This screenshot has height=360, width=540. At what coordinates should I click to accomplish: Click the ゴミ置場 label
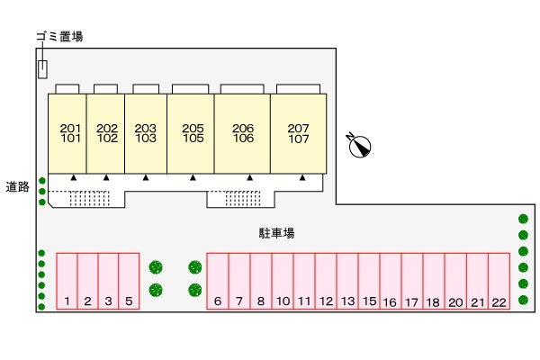tap(59, 36)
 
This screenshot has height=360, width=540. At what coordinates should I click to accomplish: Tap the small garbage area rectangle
tap(42, 69)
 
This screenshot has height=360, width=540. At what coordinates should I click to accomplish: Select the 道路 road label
tap(18, 186)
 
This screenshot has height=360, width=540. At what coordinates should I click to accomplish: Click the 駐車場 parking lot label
tap(276, 233)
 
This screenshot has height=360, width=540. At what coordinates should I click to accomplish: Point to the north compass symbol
tap(359, 146)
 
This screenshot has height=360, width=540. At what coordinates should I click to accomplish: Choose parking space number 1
tap(67, 281)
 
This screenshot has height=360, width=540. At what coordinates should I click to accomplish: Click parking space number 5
tap(129, 281)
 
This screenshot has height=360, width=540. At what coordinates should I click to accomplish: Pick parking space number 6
tap(217, 281)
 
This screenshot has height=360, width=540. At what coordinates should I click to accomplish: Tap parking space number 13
tap(347, 281)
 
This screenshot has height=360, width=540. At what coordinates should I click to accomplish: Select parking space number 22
tap(499, 281)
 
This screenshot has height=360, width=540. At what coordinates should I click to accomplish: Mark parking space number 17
tap(412, 281)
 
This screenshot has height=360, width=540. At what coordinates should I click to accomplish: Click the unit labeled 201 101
tap(67, 134)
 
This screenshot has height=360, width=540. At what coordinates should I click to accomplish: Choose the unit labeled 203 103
tap(146, 134)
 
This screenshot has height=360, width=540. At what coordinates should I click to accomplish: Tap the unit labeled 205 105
tap(191, 134)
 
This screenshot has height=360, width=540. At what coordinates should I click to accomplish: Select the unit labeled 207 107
tap(299, 134)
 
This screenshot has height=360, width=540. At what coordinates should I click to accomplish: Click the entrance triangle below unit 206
tap(249, 178)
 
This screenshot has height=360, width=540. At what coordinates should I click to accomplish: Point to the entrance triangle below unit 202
tap(106, 178)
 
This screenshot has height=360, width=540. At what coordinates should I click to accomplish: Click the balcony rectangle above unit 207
tap(298, 89)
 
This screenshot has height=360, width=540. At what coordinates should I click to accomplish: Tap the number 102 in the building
tap(107, 139)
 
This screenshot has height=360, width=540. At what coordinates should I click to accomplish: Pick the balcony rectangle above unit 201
tap(67, 89)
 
